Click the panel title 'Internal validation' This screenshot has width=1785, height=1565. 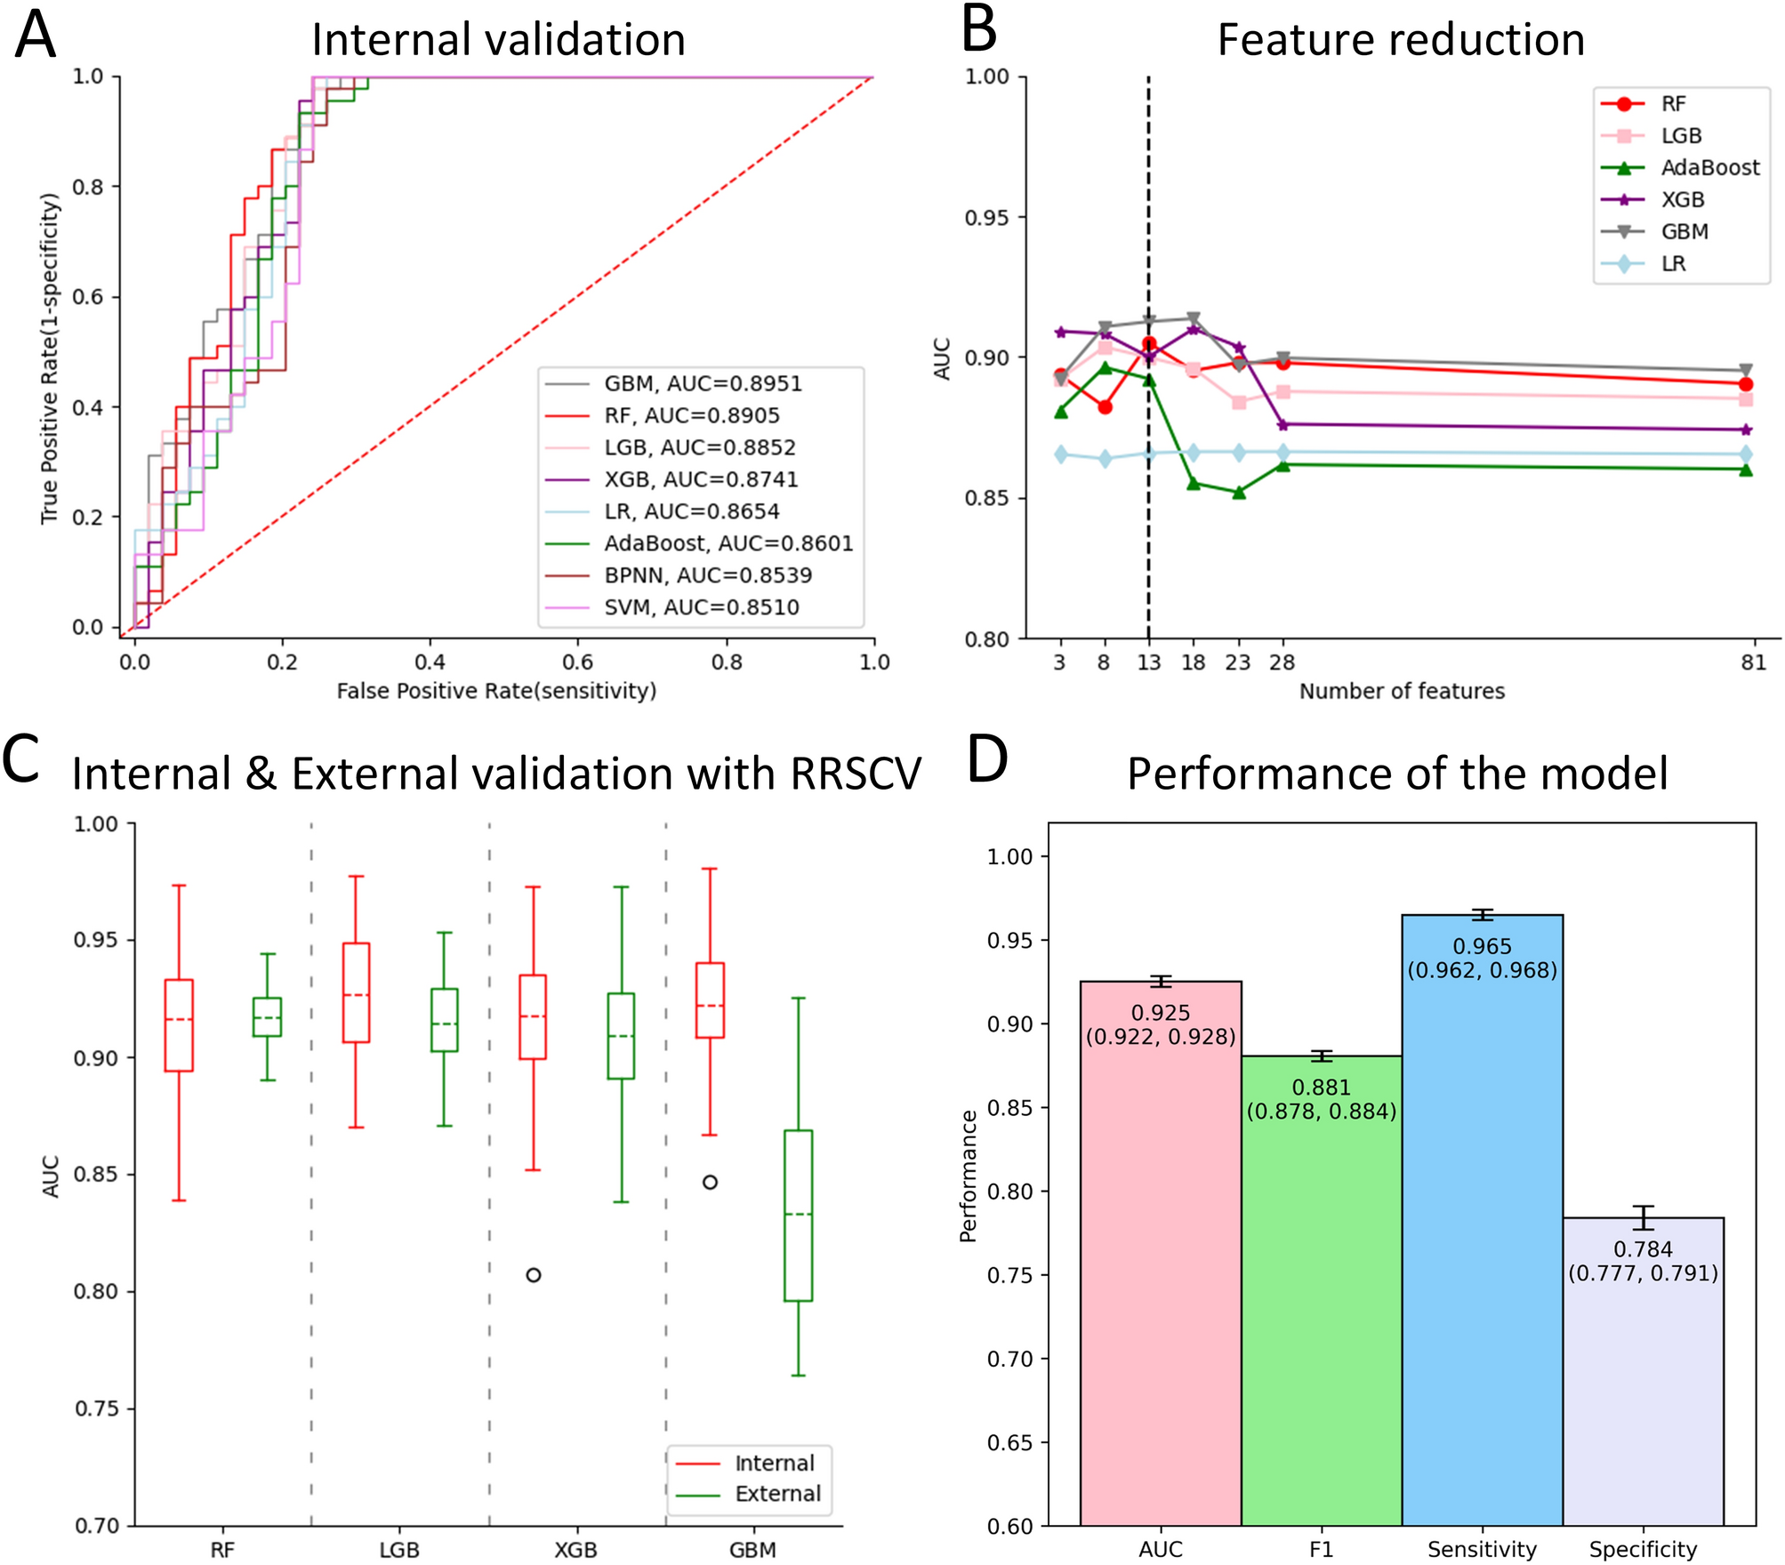pyautogui.click(x=498, y=40)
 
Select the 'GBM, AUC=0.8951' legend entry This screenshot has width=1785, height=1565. pyautogui.click(x=703, y=383)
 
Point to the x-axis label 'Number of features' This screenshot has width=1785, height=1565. pyautogui.click(x=1402, y=691)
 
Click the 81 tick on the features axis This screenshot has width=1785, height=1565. pyautogui.click(x=1753, y=662)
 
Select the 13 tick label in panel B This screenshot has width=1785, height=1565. pyautogui.click(x=1149, y=662)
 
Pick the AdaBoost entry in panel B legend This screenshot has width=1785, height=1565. pyautogui.click(x=1709, y=167)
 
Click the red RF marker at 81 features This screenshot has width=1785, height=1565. pyautogui.click(x=1745, y=384)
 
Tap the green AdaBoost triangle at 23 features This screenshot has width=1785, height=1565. pyautogui.click(x=1239, y=492)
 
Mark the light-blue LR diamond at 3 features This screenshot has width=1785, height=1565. pyautogui.click(x=1060, y=454)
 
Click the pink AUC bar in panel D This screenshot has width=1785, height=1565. pyautogui.click(x=1161, y=1245)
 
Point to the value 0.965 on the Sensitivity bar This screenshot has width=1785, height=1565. pyautogui.click(x=1482, y=946)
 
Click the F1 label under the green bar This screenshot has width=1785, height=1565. pyautogui.click(x=1321, y=1549)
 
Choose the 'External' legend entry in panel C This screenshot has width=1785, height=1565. pyautogui.click(x=777, y=1494)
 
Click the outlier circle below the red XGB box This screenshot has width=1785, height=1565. pyautogui.click(x=534, y=1275)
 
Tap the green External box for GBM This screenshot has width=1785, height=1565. pyautogui.click(x=798, y=1215)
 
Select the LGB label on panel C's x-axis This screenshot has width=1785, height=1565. pyautogui.click(x=398, y=1550)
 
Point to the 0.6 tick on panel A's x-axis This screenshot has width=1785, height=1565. pyautogui.click(x=578, y=662)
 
